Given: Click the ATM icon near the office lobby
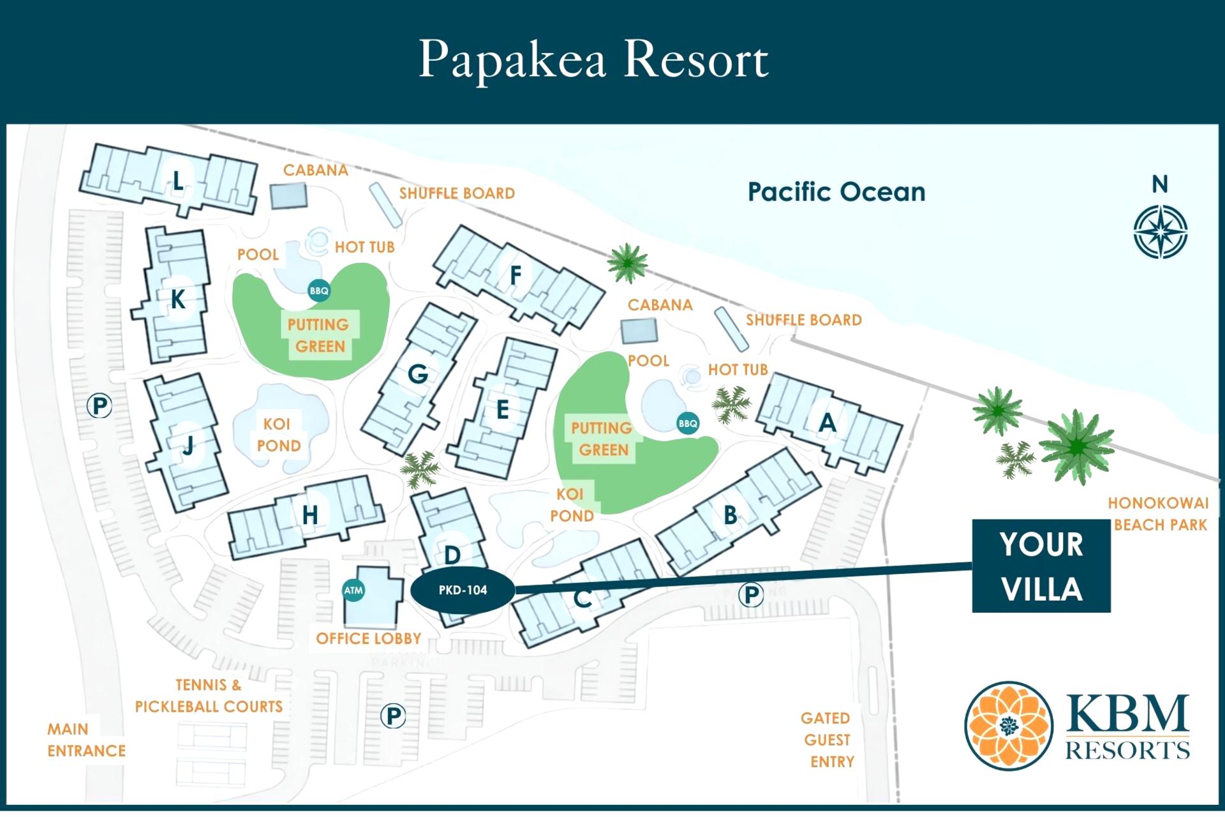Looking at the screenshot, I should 353,590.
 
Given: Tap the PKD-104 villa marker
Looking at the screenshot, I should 463,590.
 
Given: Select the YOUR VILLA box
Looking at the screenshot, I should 1041,566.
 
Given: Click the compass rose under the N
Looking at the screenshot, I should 1160,232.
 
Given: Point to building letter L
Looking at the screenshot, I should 179,181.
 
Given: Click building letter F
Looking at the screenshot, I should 516,275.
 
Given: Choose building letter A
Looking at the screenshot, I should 828,423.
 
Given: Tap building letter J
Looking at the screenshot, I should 188,446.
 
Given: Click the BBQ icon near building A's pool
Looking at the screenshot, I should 688,423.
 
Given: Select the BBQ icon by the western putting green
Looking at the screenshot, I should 319,291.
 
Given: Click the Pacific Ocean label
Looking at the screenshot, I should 836,191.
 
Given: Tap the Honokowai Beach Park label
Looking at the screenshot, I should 1159,514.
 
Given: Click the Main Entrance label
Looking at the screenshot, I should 86,740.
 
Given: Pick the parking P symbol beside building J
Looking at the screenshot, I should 100,406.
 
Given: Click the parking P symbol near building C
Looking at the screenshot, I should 752,595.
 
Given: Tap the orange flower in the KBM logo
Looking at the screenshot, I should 1008,726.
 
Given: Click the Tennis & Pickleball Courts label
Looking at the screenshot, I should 209,696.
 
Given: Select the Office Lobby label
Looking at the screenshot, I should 368,638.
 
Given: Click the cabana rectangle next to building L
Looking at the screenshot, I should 288,195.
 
